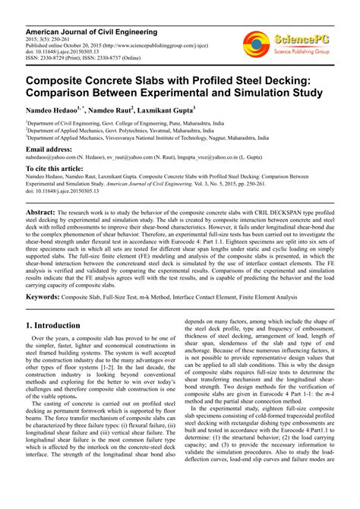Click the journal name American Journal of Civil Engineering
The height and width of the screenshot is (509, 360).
click(x=92, y=32)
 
